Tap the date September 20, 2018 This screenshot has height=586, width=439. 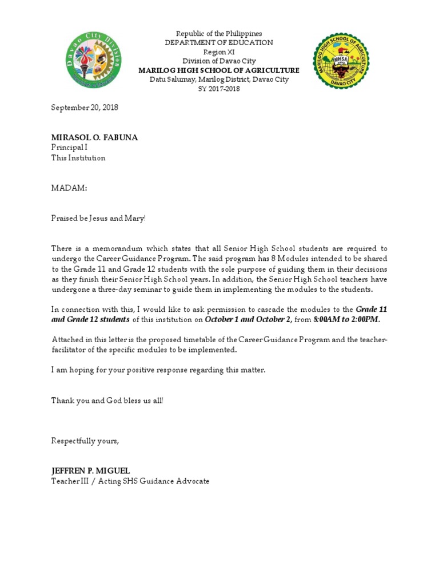pyautogui.click(x=85, y=108)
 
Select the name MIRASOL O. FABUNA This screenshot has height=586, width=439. pyautogui.click(x=94, y=138)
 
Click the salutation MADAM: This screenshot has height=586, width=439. pyautogui.click(x=69, y=188)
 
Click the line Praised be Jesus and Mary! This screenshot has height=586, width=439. pyautogui.click(x=99, y=218)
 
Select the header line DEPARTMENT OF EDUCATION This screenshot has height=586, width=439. pyautogui.click(x=219, y=43)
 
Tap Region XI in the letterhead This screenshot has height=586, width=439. pyautogui.click(x=219, y=52)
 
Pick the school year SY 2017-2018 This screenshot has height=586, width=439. pyautogui.click(x=219, y=89)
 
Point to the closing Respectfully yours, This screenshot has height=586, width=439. pyautogui.click(x=85, y=441)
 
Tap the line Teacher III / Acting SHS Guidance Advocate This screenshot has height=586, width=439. pyautogui.click(x=130, y=481)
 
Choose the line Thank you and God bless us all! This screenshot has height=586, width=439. pyautogui.click(x=107, y=401)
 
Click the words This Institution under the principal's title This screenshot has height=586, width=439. pyautogui.click(x=78, y=158)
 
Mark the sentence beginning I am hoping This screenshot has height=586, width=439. pyautogui.click(x=158, y=370)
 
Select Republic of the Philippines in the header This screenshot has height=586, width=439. pyautogui.click(x=219, y=34)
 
